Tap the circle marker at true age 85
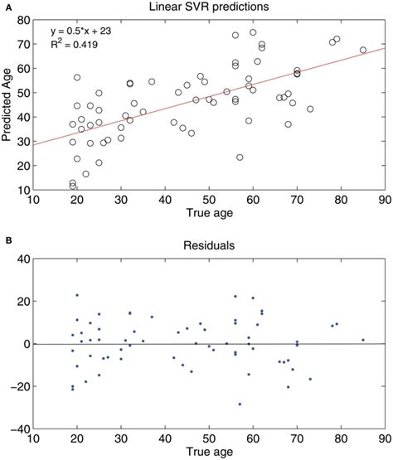363,50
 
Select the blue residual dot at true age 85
363,340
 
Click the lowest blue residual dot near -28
240,404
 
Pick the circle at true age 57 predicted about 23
240,157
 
